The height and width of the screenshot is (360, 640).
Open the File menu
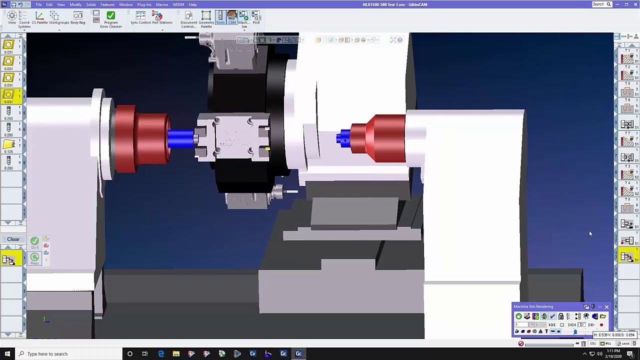click(x=38, y=4)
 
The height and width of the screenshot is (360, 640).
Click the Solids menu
click(x=91, y=4)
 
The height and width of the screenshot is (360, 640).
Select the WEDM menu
click(x=178, y=4)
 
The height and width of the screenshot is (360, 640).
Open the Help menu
click(x=192, y=4)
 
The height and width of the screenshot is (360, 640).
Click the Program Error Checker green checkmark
click(x=111, y=16)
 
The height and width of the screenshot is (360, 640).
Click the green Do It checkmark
click(x=34, y=241)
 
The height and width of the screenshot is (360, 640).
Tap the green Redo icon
click(x=34, y=257)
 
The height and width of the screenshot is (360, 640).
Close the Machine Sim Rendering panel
click(x=606, y=306)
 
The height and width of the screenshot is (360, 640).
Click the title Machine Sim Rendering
click(x=533, y=306)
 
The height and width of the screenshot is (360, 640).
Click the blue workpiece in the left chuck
click(x=181, y=138)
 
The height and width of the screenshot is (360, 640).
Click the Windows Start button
click(x=7, y=354)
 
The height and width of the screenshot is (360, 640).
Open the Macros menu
click(x=161, y=4)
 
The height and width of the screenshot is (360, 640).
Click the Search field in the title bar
click(x=599, y=4)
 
